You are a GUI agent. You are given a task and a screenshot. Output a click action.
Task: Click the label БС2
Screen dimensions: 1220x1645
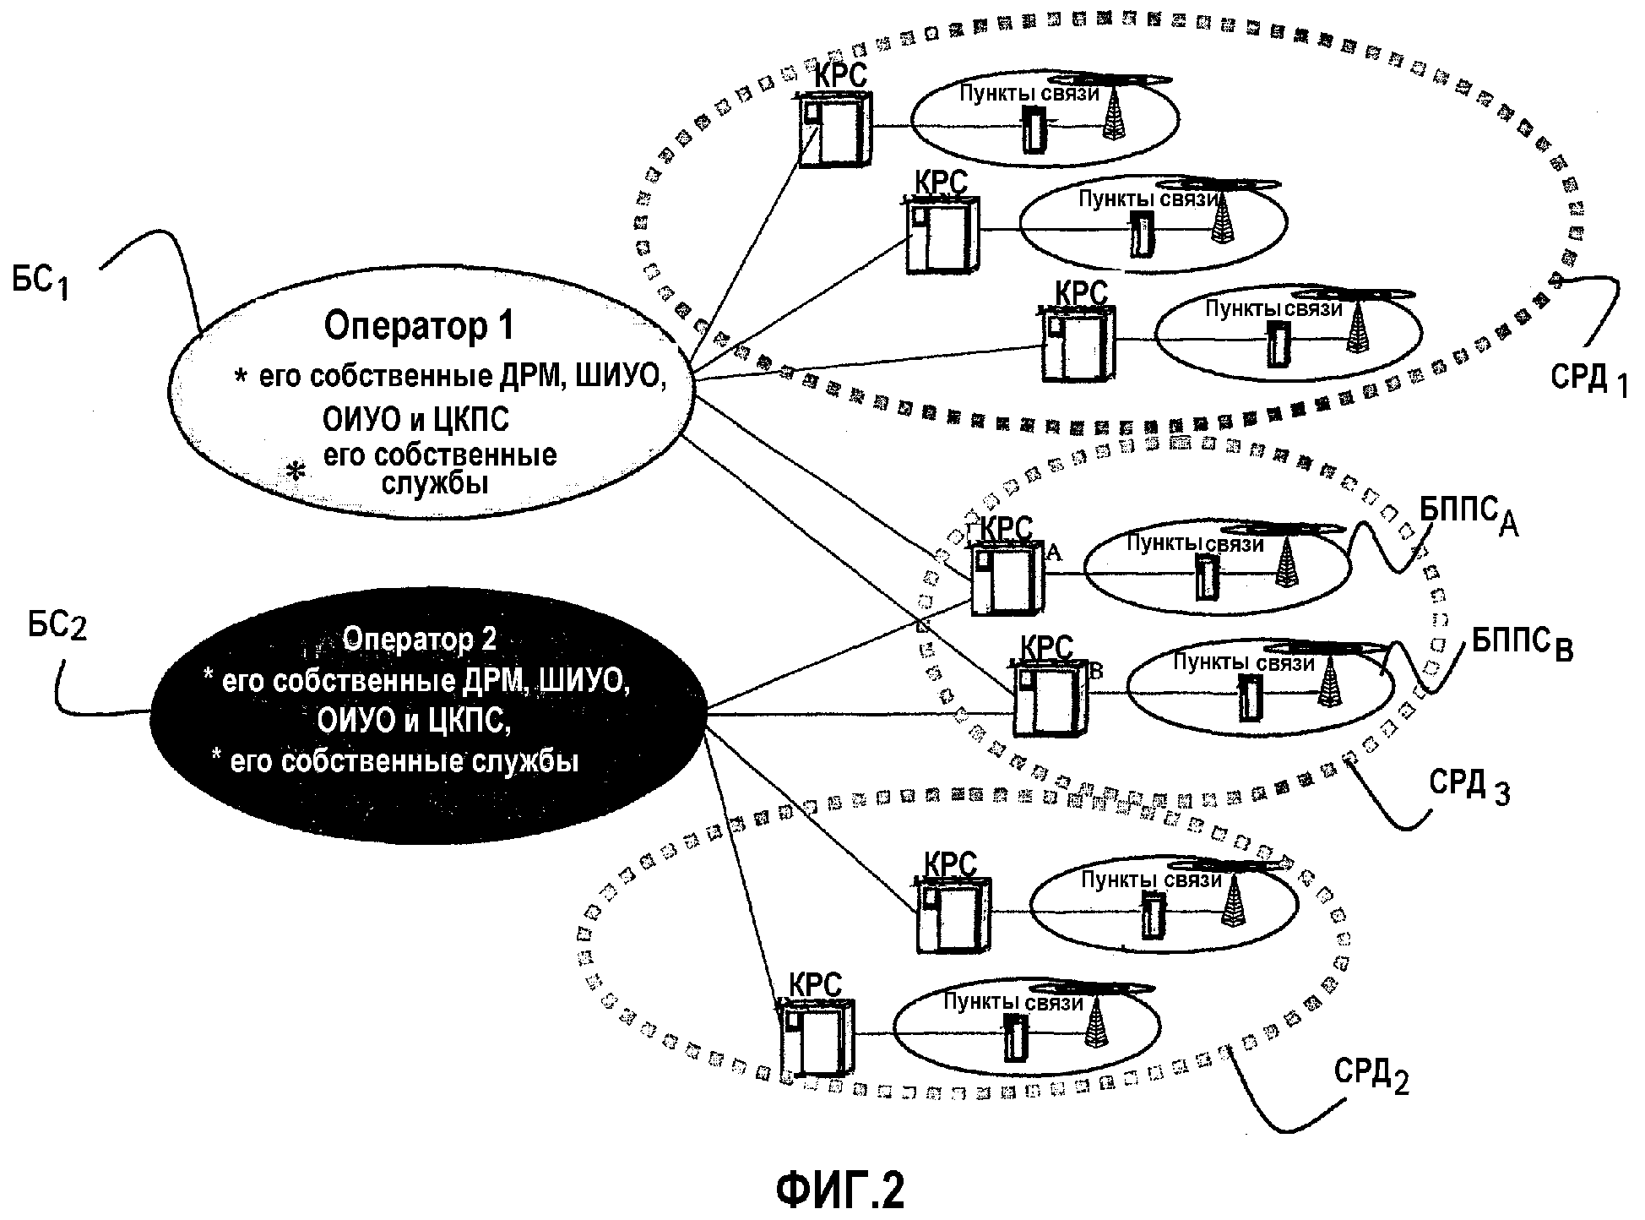(57, 627)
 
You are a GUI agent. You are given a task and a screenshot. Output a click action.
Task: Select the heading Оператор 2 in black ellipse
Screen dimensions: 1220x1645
(419, 640)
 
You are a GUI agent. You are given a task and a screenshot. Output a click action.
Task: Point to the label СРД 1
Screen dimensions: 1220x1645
(1588, 379)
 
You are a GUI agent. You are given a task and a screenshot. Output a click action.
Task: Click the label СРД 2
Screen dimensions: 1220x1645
(1371, 1075)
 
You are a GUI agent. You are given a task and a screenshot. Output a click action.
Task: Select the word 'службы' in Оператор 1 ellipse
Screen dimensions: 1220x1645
(434, 484)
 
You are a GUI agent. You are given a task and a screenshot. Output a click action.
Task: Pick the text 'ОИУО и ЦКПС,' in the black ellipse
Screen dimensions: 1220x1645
(414, 721)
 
